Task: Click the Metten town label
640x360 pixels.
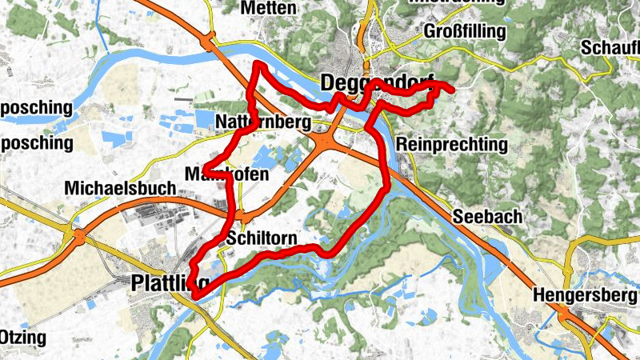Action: [268, 8]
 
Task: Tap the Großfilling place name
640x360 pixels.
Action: [465, 31]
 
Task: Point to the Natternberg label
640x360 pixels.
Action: [262, 122]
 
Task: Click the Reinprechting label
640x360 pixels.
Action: [452, 145]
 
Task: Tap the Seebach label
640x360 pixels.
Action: [487, 217]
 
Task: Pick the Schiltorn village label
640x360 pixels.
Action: [262, 239]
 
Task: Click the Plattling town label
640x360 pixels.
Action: [169, 282]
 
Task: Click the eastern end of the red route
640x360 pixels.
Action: [452, 90]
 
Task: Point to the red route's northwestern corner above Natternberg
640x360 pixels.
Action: [257, 65]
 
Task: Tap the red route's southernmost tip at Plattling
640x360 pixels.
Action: [194, 297]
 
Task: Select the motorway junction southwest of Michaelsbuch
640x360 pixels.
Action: [78, 236]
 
